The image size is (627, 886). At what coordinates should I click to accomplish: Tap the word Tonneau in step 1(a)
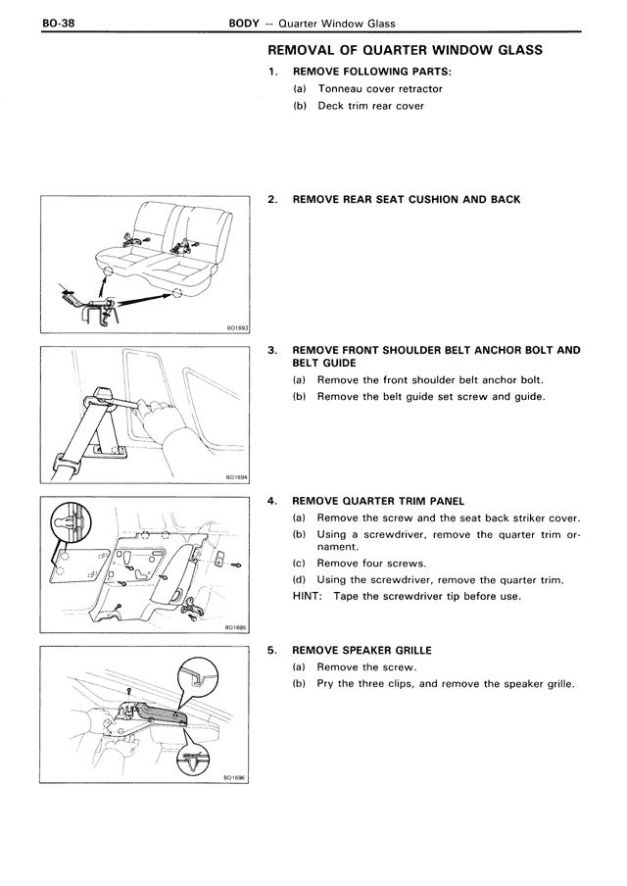[339, 88]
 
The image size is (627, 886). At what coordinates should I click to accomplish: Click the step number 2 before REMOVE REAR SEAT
[272, 199]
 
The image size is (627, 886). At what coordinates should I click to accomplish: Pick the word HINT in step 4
[309, 596]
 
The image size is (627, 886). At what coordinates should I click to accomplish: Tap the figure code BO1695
[234, 627]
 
